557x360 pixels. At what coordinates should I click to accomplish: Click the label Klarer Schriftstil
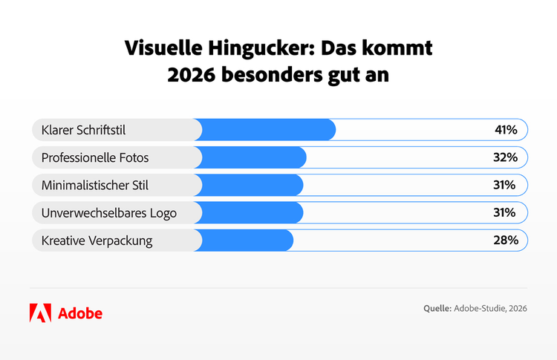pyautogui.click(x=83, y=130)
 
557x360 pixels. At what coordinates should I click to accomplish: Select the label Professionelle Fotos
pyautogui.click(x=95, y=157)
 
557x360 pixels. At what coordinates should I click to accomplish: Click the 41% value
pyautogui.click(x=506, y=130)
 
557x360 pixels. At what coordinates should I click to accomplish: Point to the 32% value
pyautogui.click(x=506, y=157)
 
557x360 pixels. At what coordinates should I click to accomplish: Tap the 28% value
pyautogui.click(x=506, y=240)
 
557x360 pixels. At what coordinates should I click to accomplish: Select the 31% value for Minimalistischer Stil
pyautogui.click(x=506, y=185)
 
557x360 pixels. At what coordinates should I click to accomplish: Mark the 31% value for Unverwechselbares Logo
pyautogui.click(x=506, y=213)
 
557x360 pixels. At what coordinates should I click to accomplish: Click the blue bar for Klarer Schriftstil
pyautogui.click(x=267, y=130)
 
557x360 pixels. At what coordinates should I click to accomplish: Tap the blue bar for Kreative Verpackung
pyautogui.click(x=247, y=240)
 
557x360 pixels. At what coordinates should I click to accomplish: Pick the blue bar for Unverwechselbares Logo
pyautogui.click(x=253, y=213)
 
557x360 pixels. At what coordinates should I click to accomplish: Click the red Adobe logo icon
pyautogui.click(x=40, y=312)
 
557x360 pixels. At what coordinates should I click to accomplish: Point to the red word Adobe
pyautogui.click(x=79, y=312)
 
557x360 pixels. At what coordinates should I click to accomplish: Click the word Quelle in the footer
pyautogui.click(x=436, y=308)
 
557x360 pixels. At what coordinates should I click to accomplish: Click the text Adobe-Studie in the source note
pyautogui.click(x=480, y=308)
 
